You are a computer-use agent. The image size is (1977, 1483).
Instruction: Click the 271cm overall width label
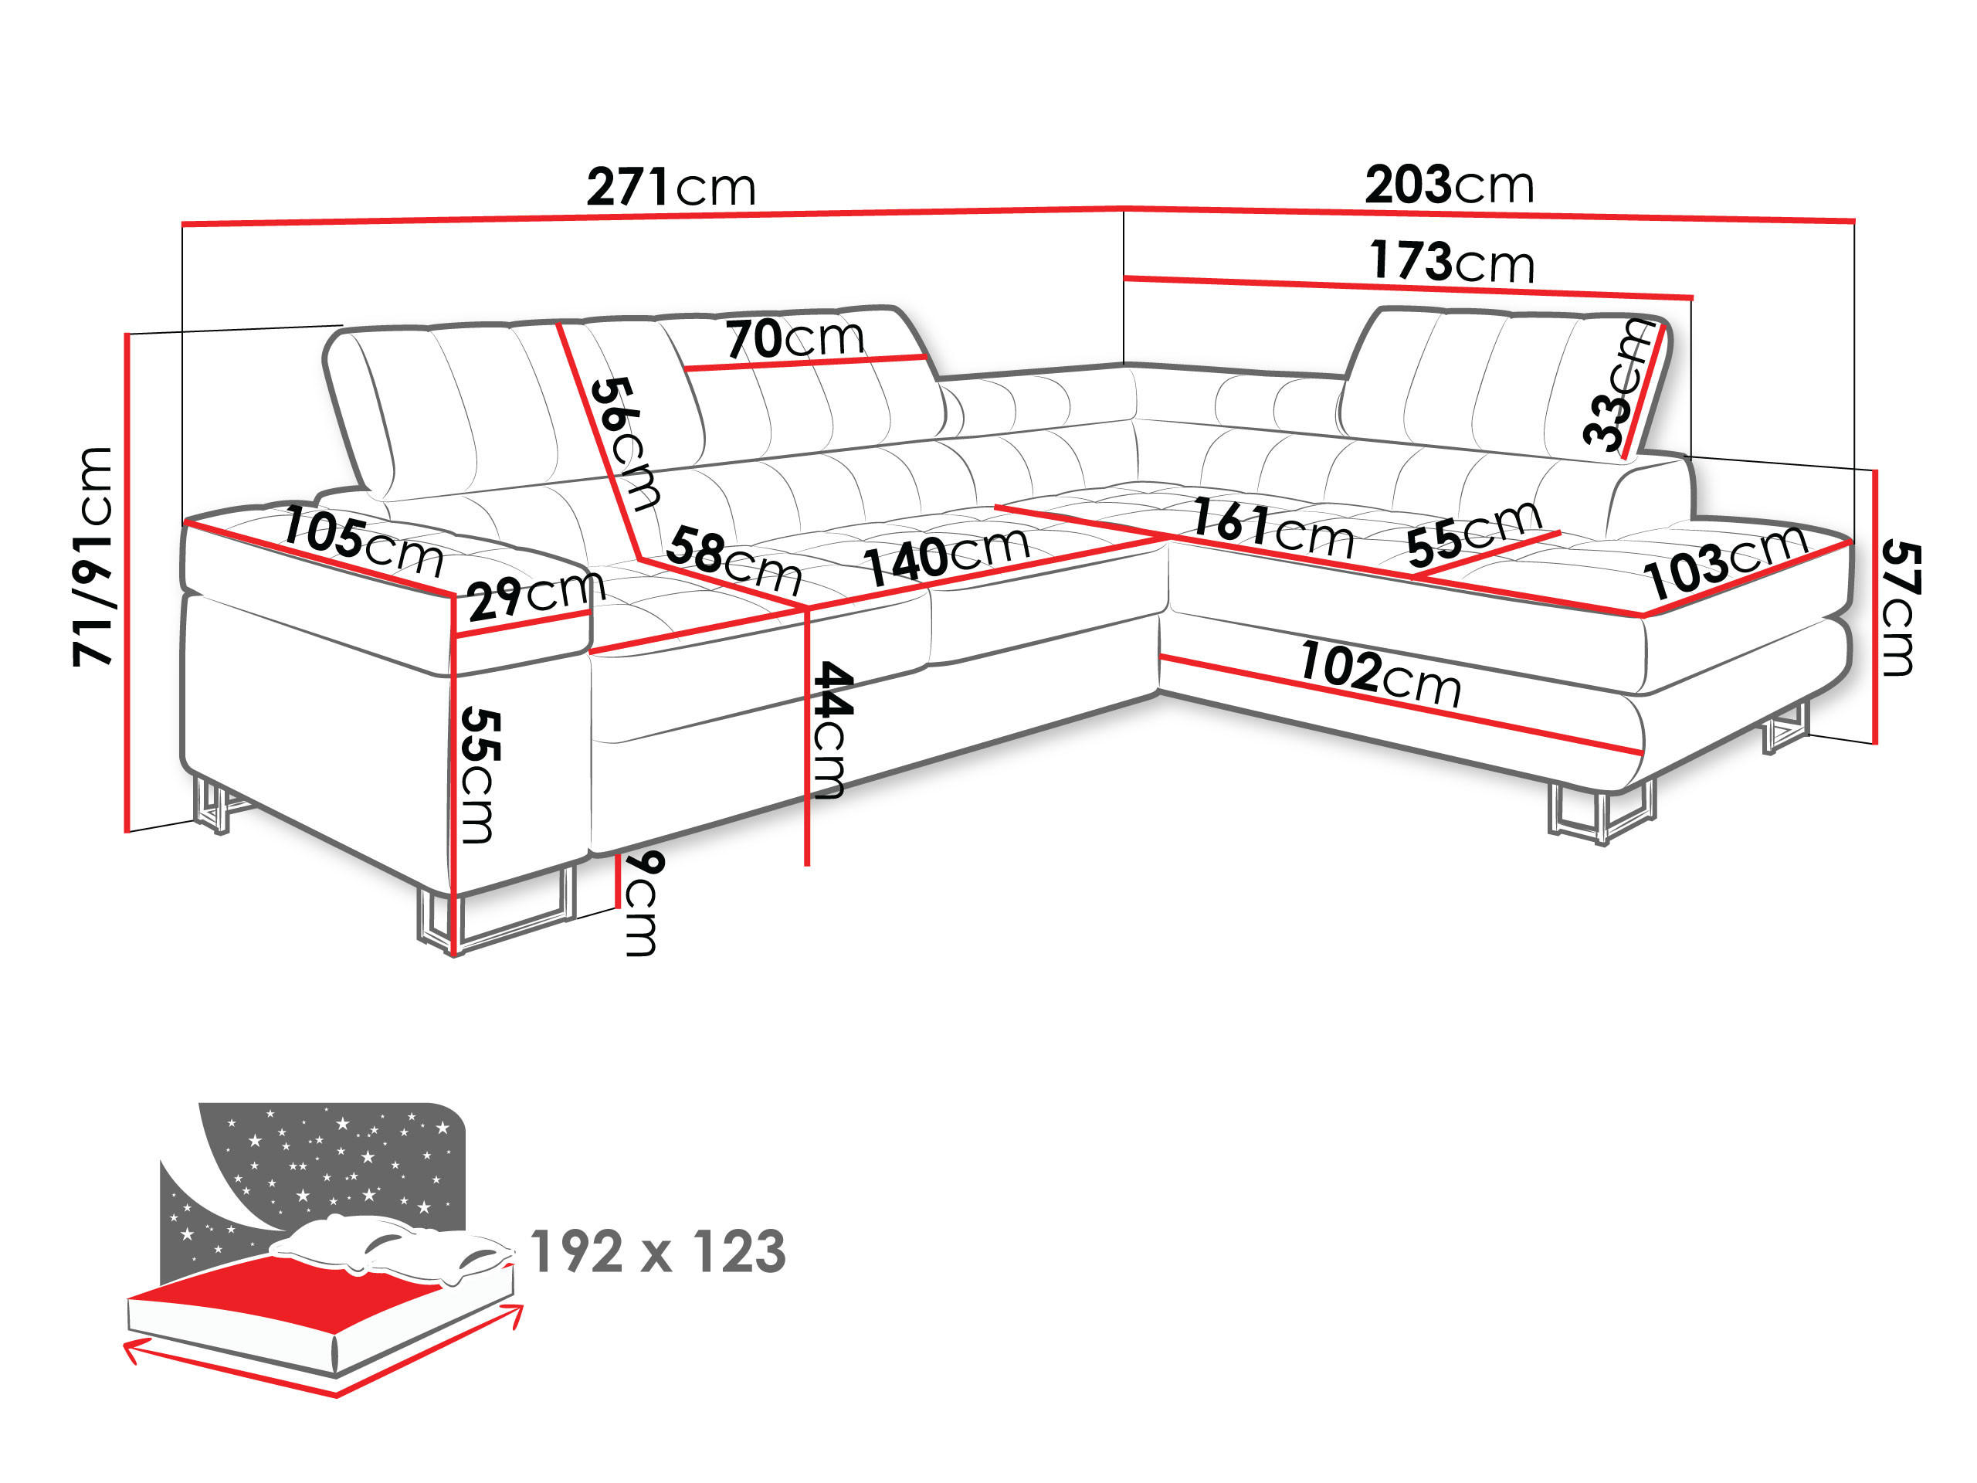pyautogui.click(x=670, y=188)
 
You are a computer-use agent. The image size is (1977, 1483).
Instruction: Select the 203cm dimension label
pyautogui.click(x=1449, y=186)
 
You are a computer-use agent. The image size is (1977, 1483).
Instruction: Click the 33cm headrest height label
pyautogui.click(x=1619, y=385)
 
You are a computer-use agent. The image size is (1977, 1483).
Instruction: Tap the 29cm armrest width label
pyautogui.click(x=534, y=596)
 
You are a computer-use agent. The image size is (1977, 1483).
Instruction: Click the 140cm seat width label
pyautogui.click(x=945, y=555)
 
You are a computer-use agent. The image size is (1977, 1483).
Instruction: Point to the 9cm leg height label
pyautogui.click(x=643, y=903)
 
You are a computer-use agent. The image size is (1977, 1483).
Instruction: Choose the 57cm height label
pyautogui.click(x=1900, y=608)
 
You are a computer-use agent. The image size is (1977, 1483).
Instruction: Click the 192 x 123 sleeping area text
pyautogui.click(x=658, y=1251)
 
